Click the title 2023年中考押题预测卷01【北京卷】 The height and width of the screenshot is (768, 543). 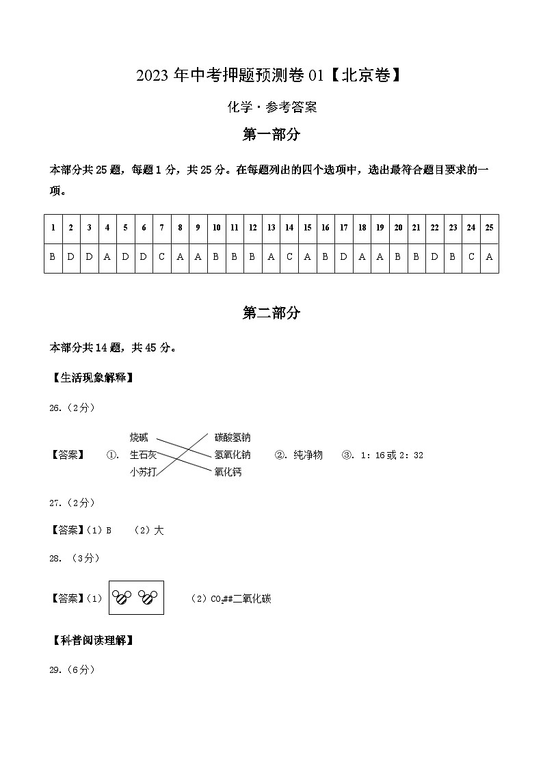pos(268,76)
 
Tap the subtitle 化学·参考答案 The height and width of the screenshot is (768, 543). pos(271,107)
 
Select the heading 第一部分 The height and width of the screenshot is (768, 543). pos(271,135)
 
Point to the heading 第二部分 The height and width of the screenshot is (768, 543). pos(271,313)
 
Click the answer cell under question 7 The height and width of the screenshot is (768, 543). pos(161,258)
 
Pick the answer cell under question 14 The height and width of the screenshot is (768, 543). pos(289,258)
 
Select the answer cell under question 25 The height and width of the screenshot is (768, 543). pos(489,258)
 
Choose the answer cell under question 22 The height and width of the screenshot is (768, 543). pos(434,258)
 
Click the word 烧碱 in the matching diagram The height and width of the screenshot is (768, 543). pos(139,438)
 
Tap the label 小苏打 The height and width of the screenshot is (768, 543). pos(143,472)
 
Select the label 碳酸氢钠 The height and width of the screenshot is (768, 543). pos(232,438)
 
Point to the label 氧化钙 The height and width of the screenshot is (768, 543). pos(228,472)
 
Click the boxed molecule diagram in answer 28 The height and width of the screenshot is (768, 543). pos(136,598)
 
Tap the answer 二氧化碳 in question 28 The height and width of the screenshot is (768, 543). pos(252,599)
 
